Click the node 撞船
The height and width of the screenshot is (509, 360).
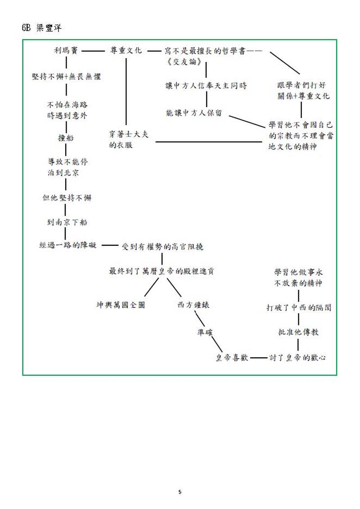(66, 138)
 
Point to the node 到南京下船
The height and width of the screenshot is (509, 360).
(66, 222)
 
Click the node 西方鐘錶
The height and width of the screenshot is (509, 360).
(193, 305)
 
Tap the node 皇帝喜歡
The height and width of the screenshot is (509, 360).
(232, 358)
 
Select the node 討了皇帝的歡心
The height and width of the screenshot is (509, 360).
(297, 358)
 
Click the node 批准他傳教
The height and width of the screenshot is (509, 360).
(298, 332)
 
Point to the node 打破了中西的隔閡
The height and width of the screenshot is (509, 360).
(298, 308)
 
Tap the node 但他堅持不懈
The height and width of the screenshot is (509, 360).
(67, 198)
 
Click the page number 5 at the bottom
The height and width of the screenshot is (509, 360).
(180, 492)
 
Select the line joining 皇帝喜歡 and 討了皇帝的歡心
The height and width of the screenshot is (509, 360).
(259, 358)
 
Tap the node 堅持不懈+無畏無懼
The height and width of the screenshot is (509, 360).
(66, 77)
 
